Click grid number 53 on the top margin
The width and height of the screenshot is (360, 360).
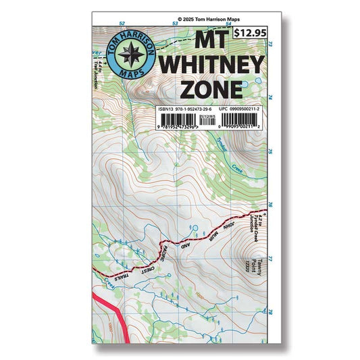click(174, 24)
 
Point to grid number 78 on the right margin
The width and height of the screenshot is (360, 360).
click(269, 312)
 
